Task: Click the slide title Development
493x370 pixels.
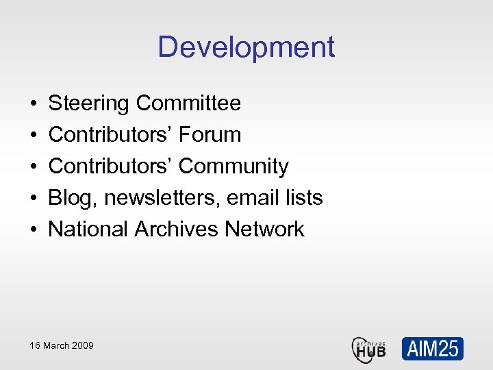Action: click(246, 47)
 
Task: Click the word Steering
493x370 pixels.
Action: click(89, 103)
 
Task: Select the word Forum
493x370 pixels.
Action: click(210, 135)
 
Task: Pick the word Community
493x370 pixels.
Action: click(233, 166)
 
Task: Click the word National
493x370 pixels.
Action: click(88, 230)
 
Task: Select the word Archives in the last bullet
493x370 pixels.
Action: click(177, 230)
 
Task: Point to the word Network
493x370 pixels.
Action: click(264, 230)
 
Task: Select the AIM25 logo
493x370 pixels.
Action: click(432, 349)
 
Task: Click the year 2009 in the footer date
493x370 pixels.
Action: click(82, 345)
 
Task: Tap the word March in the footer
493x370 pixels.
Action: click(56, 345)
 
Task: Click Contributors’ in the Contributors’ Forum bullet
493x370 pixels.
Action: click(111, 135)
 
